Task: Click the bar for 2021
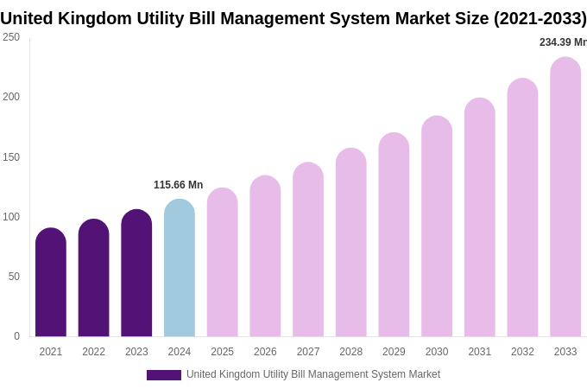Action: (51, 283)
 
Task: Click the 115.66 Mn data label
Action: (178, 185)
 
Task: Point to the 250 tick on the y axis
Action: (11, 37)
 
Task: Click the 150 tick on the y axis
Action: (11, 157)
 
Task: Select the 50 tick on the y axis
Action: (14, 277)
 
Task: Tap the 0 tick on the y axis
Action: (16, 336)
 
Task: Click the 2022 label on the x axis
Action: (93, 352)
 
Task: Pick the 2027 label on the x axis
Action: (308, 352)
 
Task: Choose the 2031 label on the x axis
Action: (480, 352)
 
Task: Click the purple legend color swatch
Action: (164, 375)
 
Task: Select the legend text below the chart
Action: (313, 374)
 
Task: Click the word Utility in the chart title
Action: (148, 18)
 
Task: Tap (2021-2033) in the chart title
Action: (540, 18)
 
